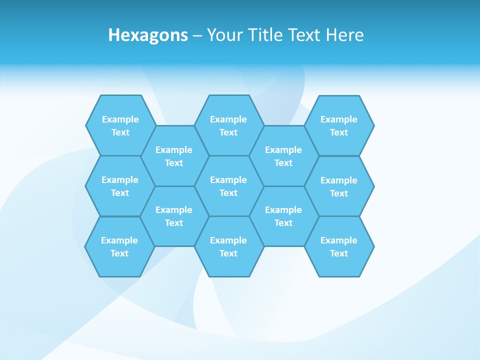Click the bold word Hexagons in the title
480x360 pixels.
pos(148,35)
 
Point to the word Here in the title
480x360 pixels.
pos(344,35)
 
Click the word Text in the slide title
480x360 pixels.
pos(305,35)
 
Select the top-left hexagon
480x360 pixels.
pos(120,125)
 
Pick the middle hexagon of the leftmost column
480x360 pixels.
pos(120,186)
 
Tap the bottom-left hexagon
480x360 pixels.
pos(119,246)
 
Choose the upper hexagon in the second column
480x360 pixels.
pos(174,156)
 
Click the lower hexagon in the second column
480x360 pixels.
pos(174,216)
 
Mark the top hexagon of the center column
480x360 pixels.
pos(228,125)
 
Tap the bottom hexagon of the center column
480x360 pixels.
pos(228,246)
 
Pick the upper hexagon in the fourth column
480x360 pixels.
pos(283,156)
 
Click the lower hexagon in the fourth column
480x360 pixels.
pos(283,216)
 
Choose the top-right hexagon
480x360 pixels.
pos(339,125)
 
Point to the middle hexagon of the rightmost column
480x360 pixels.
pos(339,186)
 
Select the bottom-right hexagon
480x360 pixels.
pos(339,246)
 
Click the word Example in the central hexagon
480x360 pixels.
pos(228,180)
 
